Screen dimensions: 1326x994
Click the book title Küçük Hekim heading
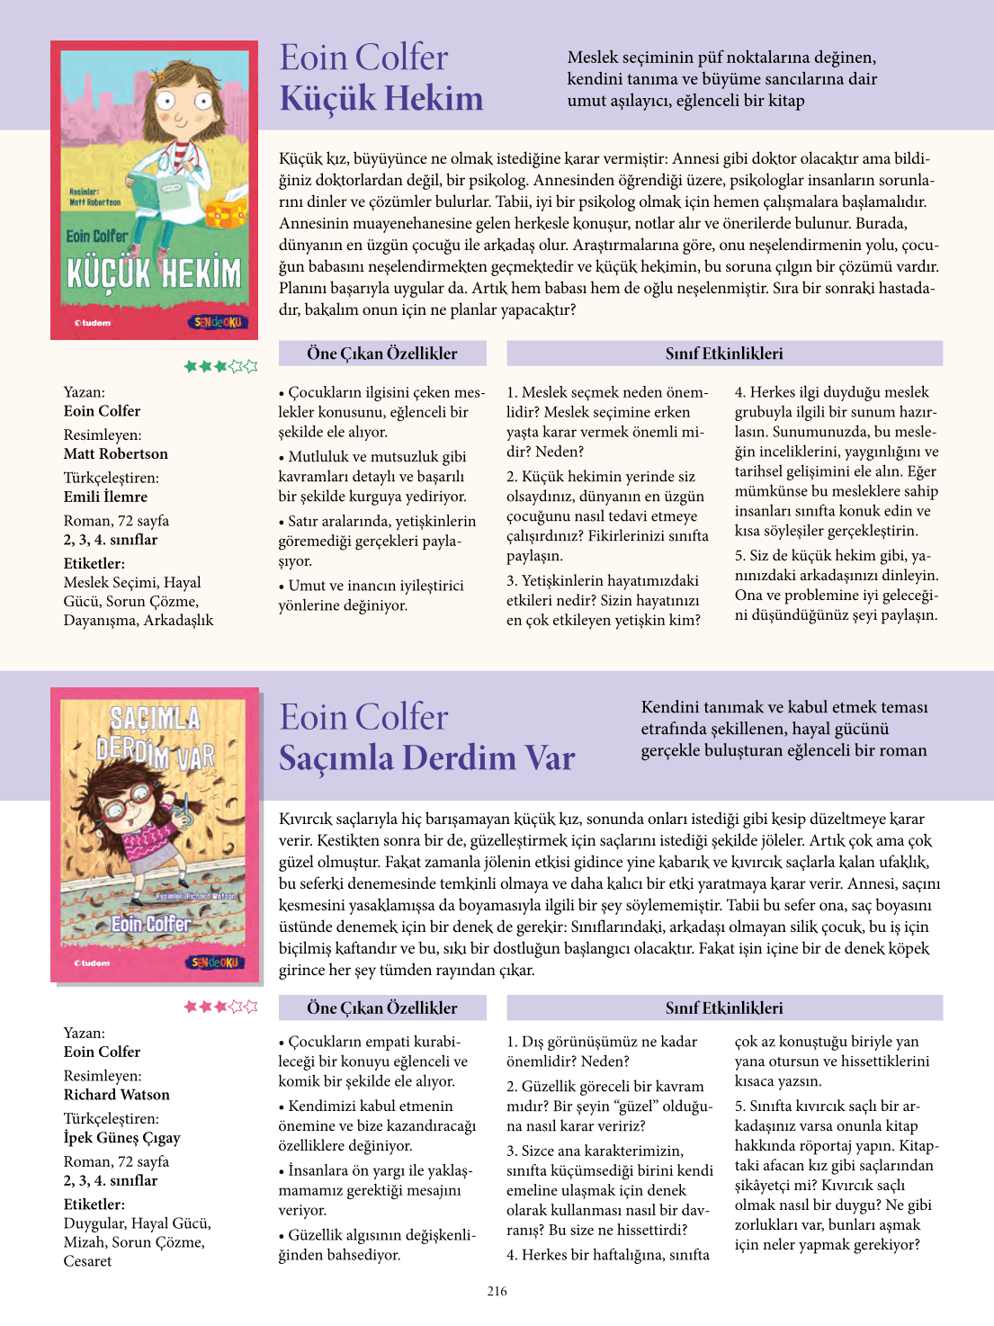[381, 98]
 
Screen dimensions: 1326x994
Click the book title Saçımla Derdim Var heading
[426, 757]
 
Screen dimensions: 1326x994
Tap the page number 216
[497, 1291]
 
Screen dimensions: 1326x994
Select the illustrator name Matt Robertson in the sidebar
[115, 453]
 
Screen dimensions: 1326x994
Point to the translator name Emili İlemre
[105, 497]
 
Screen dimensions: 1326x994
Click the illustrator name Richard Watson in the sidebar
[116, 1095]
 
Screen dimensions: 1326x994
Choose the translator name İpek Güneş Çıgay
[121, 1137]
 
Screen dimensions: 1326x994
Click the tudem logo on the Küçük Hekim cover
[93, 322]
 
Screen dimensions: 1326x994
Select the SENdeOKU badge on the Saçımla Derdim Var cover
[215, 963]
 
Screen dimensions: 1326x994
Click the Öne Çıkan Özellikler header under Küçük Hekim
[381, 354]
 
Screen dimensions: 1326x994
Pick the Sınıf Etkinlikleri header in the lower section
[724, 1008]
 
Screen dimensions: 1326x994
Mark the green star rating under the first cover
[220, 366]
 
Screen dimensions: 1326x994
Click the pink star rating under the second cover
[220, 1007]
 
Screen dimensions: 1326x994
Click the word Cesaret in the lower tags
[88, 1261]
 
